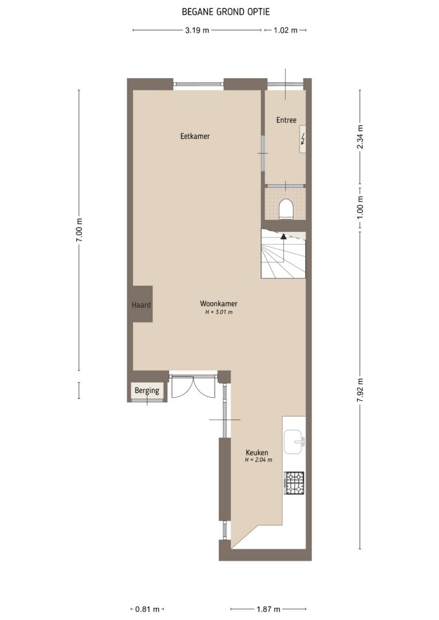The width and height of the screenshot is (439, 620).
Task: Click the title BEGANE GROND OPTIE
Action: (219, 12)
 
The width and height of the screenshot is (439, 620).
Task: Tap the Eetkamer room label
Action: (195, 136)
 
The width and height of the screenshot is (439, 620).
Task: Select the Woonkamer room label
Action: (218, 304)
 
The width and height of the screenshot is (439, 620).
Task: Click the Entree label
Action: (286, 120)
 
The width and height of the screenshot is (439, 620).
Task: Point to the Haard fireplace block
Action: (142, 305)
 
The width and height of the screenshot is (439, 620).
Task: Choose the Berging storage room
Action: (147, 391)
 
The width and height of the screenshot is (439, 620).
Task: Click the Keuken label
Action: (256, 452)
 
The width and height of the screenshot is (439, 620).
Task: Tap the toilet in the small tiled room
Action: (286, 209)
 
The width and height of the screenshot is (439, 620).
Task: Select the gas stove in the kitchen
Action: (295, 482)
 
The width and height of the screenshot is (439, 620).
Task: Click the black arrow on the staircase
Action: (283, 237)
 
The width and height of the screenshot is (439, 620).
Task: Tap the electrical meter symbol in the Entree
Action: (303, 141)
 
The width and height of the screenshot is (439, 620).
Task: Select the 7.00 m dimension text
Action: (79, 230)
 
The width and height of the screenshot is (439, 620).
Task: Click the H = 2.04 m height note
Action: (258, 460)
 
